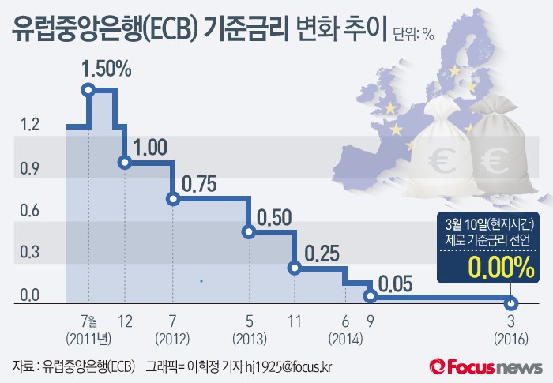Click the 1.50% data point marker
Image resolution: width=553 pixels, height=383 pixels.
88,90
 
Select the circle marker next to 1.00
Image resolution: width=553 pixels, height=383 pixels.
124,162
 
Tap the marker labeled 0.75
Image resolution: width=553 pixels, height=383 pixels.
173,198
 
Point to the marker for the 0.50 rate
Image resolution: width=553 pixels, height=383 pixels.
248,232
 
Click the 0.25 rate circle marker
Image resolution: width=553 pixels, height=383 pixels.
295,268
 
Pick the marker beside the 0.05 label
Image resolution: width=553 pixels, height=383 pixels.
370,296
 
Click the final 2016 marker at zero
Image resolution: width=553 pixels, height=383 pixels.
511,304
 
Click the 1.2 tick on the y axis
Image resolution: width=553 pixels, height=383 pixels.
30,125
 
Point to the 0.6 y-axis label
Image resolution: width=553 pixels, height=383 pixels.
30,210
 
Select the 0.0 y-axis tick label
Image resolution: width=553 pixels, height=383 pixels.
30,295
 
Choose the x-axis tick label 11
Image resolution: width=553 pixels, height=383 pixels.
295,322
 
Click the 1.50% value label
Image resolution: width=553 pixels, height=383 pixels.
106,69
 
